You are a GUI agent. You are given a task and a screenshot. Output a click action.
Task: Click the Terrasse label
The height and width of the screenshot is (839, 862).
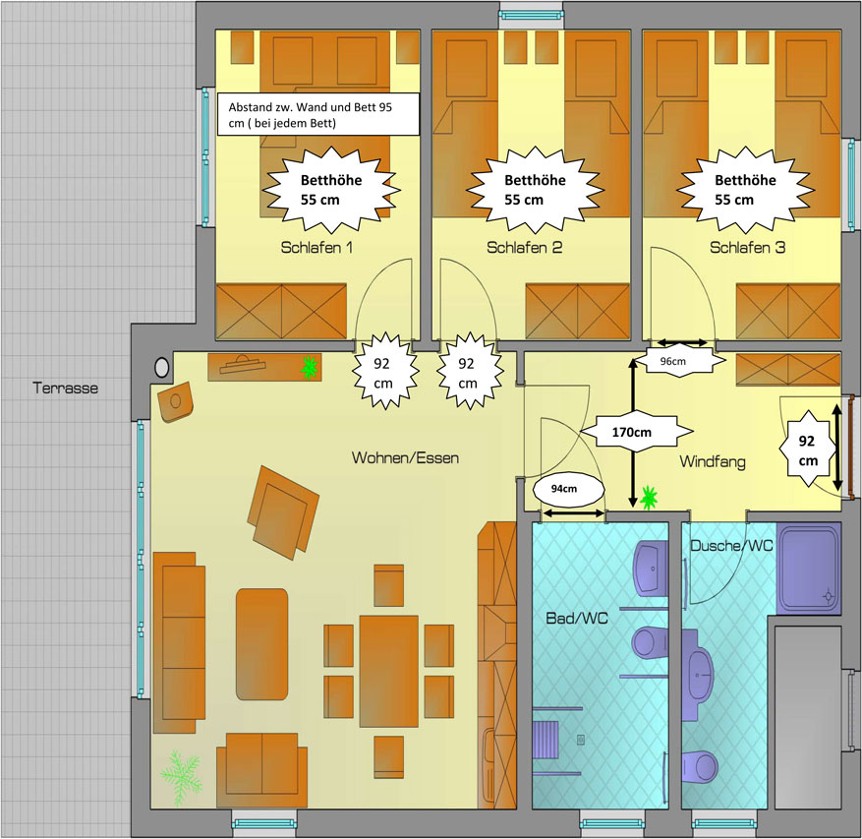point(66,388)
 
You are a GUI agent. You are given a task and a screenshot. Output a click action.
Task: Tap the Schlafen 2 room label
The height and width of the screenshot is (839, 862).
point(525,248)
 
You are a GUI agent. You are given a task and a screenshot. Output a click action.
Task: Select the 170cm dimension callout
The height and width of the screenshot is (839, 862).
point(632,432)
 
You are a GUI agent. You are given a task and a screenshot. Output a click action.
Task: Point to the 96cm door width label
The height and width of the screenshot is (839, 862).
point(673,361)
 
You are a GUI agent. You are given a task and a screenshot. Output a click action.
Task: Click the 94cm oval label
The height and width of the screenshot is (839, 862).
point(564,489)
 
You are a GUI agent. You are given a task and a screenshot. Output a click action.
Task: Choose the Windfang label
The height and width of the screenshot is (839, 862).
point(713,461)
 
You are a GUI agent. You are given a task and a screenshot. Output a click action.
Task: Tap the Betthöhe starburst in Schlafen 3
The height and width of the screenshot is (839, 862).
point(745,191)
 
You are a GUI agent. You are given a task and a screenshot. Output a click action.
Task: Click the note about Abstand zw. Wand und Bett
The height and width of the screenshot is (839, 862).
point(318,114)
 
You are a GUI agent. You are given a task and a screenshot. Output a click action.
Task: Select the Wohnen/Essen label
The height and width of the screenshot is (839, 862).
point(405,457)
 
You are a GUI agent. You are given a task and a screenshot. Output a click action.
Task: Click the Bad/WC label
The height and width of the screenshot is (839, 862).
point(577,619)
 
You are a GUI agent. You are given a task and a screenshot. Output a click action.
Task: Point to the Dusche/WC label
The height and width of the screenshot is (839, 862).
point(731,545)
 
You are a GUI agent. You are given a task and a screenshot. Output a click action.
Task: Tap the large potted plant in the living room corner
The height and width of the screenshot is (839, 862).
point(181,778)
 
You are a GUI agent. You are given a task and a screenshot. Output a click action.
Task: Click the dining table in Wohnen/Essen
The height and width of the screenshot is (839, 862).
point(389,671)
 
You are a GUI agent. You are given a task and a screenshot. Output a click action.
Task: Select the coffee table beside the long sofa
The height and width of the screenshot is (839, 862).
point(262,644)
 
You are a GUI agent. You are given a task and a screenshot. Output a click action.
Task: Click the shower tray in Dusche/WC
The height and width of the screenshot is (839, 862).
point(808,569)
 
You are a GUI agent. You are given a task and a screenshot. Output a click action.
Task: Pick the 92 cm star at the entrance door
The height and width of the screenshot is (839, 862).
point(807,451)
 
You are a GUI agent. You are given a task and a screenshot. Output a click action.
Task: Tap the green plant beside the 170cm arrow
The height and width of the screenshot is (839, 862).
point(650,498)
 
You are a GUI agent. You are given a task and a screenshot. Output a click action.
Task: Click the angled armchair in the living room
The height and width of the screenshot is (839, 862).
point(282,511)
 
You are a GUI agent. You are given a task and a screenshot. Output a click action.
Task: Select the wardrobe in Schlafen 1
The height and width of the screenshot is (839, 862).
point(281,312)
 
